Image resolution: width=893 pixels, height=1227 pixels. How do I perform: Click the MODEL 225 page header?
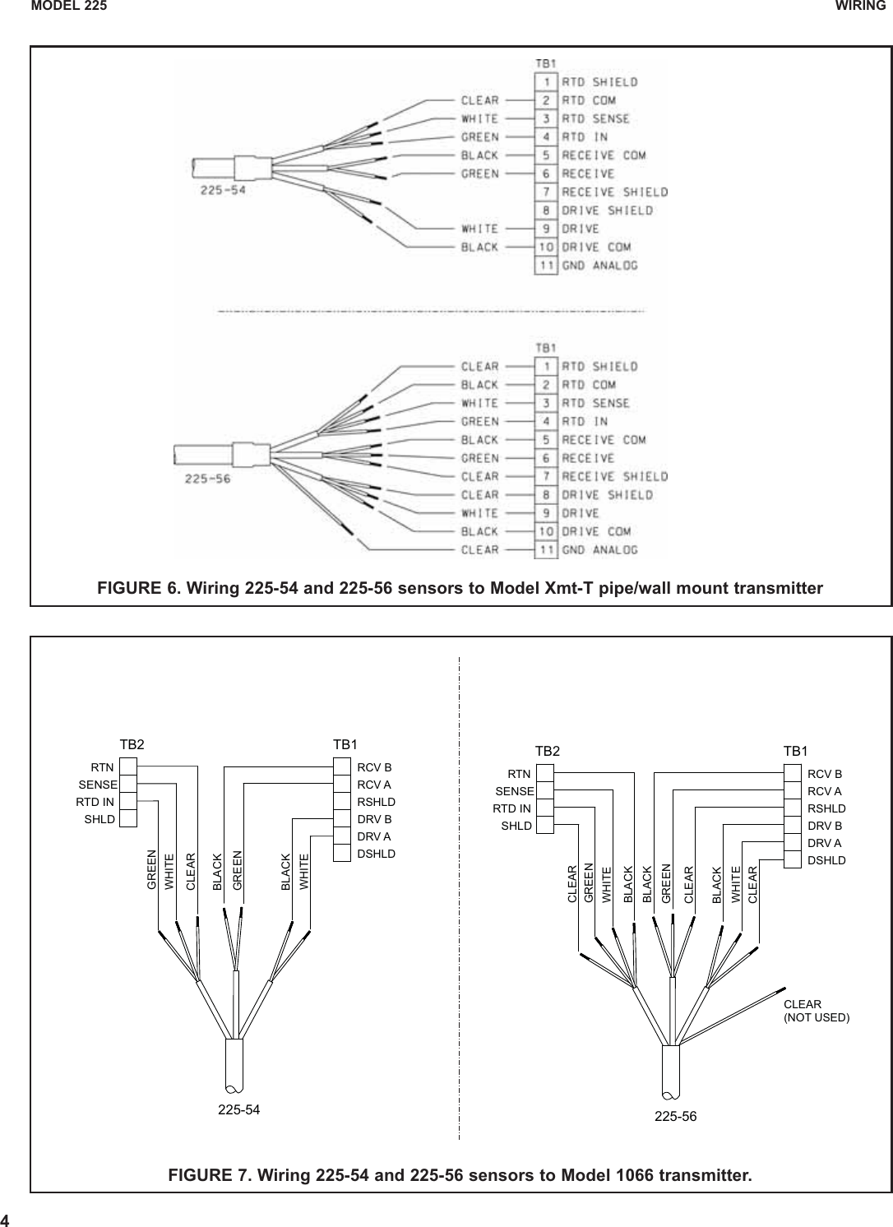tap(69, 7)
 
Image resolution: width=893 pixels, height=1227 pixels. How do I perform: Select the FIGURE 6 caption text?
tap(460, 589)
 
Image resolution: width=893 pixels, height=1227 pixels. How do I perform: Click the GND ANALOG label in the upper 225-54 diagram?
tap(599, 266)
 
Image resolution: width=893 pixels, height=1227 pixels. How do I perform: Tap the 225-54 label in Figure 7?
tap(239, 1109)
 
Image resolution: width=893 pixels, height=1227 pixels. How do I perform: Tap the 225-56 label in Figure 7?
tap(675, 1116)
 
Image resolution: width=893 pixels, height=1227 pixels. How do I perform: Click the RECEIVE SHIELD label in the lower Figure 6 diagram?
tap(614, 477)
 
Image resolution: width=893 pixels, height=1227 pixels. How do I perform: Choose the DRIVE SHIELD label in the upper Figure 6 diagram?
tap(607, 211)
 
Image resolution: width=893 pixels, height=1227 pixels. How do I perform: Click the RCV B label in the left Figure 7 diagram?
tap(375, 767)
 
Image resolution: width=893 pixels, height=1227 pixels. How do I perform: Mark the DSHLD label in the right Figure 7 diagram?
tap(826, 860)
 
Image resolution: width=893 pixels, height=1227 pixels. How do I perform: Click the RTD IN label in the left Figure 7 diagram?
tap(95, 802)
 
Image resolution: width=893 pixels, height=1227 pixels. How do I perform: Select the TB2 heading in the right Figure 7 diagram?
tap(548, 751)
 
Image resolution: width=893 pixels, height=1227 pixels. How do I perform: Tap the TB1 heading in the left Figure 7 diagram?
tap(345, 743)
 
